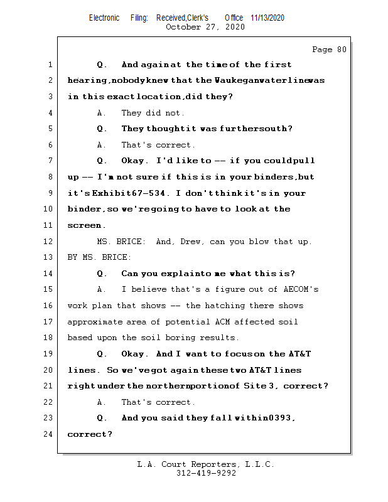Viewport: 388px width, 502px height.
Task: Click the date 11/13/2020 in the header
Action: pos(267,18)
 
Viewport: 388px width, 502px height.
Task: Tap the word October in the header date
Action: pos(184,27)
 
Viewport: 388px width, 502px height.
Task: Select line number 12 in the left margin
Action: pos(50,242)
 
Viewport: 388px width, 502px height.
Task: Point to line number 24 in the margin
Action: pos(50,434)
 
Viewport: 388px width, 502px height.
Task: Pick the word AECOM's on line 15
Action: pos(298,289)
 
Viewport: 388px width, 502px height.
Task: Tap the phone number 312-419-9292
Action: pos(206,474)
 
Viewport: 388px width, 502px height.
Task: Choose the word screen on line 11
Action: pos(84,225)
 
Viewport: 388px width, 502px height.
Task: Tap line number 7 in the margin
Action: pos(50,161)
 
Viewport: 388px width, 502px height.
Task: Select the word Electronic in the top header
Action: pos(104,18)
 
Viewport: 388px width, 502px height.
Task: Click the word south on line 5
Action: pos(277,129)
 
